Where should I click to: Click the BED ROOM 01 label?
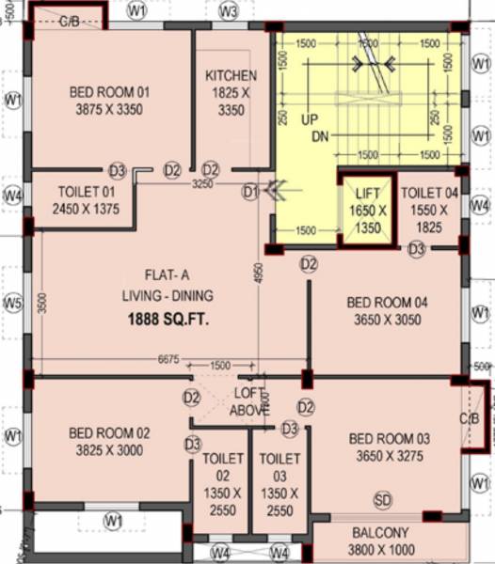tap(109, 92)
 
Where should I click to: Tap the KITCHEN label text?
tap(231, 76)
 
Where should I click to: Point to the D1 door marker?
tap(250, 192)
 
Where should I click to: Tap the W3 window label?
tap(229, 11)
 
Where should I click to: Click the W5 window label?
tap(12, 303)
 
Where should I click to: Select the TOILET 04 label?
tap(429, 193)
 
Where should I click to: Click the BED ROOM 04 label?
tap(387, 303)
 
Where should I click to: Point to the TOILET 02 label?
tap(222, 459)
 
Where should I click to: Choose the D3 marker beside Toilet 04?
tap(416, 248)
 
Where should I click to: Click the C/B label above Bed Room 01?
tap(70, 20)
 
